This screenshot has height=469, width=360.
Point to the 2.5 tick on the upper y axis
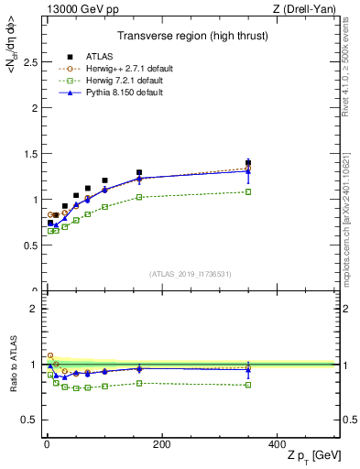(x=27, y=61)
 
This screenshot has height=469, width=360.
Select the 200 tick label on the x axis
(x=161, y=445)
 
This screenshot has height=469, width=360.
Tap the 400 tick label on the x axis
(x=278, y=445)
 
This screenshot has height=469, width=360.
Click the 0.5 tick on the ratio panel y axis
(x=27, y=420)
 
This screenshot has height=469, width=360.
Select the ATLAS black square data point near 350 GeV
(x=248, y=163)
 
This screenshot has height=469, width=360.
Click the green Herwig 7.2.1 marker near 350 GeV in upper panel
(x=248, y=191)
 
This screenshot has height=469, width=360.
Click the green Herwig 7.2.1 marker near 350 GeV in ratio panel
(x=248, y=385)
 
